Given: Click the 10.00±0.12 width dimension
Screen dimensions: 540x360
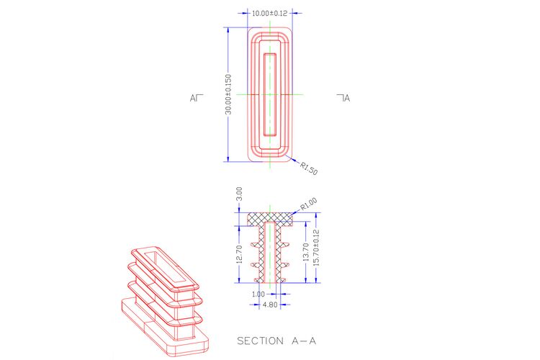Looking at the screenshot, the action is (270, 14).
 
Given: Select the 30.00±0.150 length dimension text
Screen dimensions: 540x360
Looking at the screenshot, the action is (228, 94).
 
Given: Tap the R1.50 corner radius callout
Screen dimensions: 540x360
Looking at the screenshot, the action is (309, 168).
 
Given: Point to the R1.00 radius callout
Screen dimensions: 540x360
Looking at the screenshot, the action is (309, 204).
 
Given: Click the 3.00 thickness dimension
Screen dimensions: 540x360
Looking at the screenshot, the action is (239, 194).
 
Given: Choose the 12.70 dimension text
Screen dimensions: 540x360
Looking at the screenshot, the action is (240, 254).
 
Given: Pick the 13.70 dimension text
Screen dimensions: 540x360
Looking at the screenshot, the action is (305, 252).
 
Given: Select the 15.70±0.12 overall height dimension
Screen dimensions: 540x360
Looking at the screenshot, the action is (317, 248).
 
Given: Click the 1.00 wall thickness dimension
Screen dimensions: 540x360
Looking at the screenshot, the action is (258, 294).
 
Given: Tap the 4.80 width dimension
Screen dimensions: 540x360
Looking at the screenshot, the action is (270, 305).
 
